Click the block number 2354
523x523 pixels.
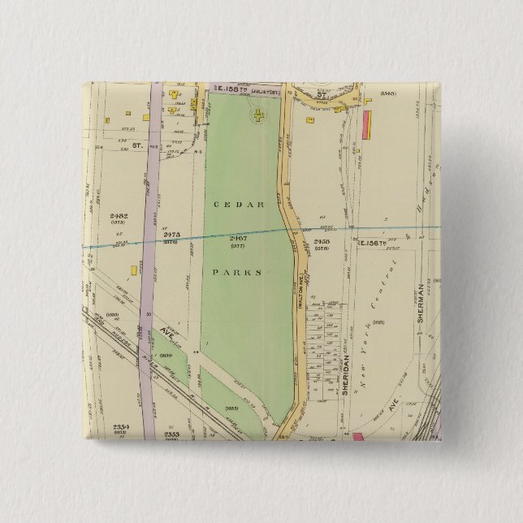pyautogui.click(x=121, y=427)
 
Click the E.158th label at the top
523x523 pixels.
pyautogui.click(x=225, y=87)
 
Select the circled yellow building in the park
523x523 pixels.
pyautogui.click(x=258, y=117)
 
